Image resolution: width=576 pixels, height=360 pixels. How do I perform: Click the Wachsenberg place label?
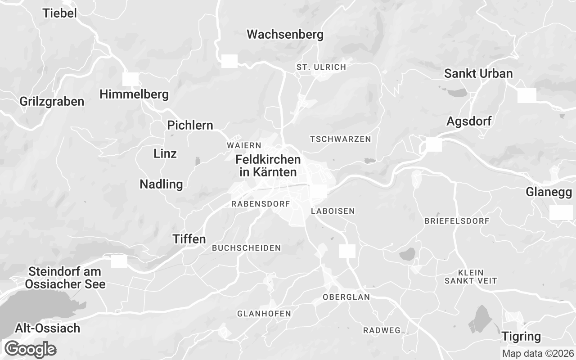(285, 34)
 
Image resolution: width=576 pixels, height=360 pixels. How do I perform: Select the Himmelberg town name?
(134, 94)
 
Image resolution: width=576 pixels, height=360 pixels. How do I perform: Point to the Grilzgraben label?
(52, 101)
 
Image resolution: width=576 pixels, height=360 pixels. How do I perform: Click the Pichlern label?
(190, 125)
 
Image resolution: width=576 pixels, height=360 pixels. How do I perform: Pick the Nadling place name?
(161, 184)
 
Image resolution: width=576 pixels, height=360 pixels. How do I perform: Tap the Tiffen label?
(189, 239)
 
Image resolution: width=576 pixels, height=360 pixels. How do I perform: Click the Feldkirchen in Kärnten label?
(268, 166)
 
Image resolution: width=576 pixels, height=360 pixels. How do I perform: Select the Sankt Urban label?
(478, 73)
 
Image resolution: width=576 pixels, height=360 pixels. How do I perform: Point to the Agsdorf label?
(469, 121)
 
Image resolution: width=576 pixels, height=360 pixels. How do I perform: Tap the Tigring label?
(521, 336)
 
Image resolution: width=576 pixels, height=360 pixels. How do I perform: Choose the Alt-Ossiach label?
(48, 328)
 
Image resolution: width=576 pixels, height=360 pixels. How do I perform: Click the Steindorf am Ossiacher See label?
(65, 278)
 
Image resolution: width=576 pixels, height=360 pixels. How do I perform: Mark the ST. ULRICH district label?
(321, 67)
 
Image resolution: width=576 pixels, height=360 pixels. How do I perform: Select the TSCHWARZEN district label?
(341, 139)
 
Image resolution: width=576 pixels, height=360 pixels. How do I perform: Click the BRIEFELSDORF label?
(457, 221)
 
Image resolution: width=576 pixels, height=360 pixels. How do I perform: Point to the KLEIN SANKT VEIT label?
(471, 277)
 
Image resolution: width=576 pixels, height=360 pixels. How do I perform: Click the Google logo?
(30, 349)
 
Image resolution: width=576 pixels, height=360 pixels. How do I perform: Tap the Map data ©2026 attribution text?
(538, 353)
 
